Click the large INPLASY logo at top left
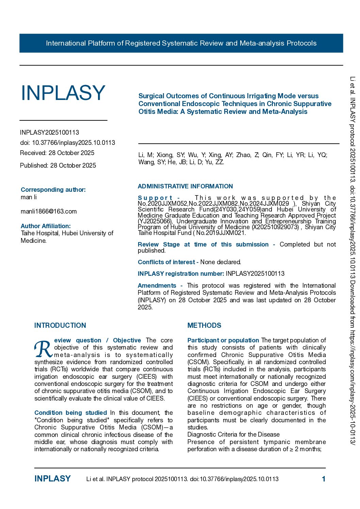tap(63, 93)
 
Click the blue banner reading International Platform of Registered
tap(181, 43)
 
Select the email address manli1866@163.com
tap(49, 211)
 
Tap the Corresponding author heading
tap(53, 190)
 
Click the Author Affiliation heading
tap(46, 226)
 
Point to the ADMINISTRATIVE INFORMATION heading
tap(185, 186)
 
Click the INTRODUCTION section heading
tap(60, 325)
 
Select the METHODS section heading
tap(204, 325)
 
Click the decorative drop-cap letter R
tap(43, 349)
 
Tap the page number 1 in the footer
tap(324, 479)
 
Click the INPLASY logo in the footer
tap(52, 479)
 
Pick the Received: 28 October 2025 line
tap(57, 153)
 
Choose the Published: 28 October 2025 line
tap(58, 166)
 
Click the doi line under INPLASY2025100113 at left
tap(67, 143)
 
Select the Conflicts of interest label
tap(166, 262)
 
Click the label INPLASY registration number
tap(181, 274)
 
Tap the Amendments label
tap(157, 286)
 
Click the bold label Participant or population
tap(223, 340)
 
